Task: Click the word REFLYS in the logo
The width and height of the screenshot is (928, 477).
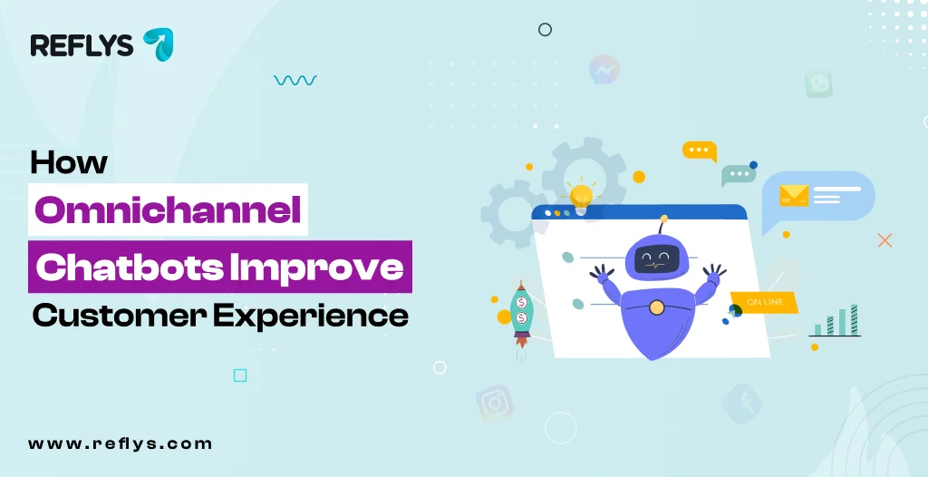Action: [x=82, y=44]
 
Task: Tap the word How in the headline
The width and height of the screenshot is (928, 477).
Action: [x=69, y=163]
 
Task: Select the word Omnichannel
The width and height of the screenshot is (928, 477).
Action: [x=168, y=209]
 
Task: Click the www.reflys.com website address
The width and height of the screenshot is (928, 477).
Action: [x=120, y=443]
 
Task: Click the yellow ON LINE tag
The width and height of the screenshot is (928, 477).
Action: [x=764, y=301]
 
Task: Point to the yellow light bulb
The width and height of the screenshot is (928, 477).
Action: [x=581, y=193]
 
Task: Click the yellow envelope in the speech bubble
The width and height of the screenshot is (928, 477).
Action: [x=794, y=195]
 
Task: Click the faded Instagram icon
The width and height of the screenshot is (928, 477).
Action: [x=495, y=402]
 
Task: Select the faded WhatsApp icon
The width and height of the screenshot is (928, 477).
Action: [x=818, y=84]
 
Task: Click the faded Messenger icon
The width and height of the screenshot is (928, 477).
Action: [x=604, y=70]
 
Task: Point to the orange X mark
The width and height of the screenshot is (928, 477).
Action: [x=885, y=240]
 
